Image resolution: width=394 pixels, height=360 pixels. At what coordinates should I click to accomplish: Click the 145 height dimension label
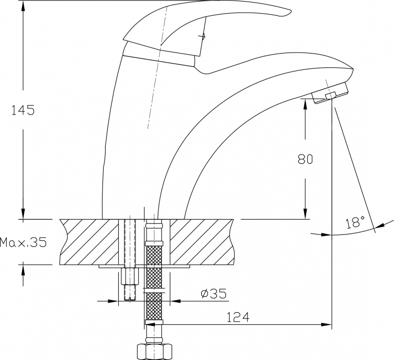[x=23, y=110]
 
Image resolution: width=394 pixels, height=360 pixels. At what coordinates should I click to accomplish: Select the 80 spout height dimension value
[x=305, y=159]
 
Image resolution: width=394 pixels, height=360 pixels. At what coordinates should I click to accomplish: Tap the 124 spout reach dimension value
[x=238, y=317]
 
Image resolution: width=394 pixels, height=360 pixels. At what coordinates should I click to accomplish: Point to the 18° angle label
[x=354, y=222]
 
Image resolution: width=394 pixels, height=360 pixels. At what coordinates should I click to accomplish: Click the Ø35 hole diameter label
[x=214, y=293]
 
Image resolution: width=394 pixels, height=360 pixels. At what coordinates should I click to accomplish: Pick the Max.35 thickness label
[x=23, y=242]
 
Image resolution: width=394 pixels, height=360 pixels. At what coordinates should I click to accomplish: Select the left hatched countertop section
[x=89, y=242]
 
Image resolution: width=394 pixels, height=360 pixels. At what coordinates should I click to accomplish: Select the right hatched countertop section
[x=202, y=242]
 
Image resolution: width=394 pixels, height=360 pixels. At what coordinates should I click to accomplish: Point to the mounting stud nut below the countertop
[x=130, y=276]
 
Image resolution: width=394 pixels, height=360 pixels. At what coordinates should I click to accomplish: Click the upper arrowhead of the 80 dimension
[x=305, y=104]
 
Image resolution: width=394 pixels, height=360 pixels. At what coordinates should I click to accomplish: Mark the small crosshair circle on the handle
[x=203, y=36]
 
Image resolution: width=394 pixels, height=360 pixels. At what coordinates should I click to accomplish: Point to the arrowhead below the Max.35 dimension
[x=23, y=270]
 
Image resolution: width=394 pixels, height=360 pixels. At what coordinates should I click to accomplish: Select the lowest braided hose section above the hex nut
[x=154, y=306]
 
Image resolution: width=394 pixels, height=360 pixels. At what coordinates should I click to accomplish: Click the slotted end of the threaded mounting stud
[x=130, y=298]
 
